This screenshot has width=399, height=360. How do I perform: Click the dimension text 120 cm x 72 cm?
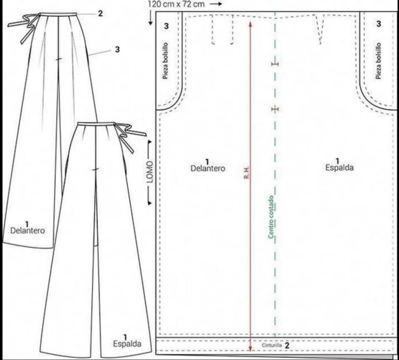(176, 4)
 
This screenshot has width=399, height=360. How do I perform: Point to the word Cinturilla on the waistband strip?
(272, 345)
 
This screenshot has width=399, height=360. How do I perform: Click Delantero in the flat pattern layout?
(208, 168)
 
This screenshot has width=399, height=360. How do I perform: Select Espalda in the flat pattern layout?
(339, 167)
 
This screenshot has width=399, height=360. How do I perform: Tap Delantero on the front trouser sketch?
(27, 230)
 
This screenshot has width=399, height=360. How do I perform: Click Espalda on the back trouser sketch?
(127, 343)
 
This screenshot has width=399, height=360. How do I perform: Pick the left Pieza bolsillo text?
(165, 61)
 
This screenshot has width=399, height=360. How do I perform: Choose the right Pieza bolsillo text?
(378, 61)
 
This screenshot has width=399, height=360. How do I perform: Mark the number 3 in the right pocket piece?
(378, 24)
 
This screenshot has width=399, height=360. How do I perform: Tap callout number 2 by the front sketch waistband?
(100, 13)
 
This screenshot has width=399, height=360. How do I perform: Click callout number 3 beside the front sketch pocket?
(117, 49)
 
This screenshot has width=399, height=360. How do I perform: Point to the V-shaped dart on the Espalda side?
(320, 29)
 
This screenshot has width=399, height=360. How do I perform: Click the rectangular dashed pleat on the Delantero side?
(222, 30)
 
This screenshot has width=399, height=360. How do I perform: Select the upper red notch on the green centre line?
(275, 64)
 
